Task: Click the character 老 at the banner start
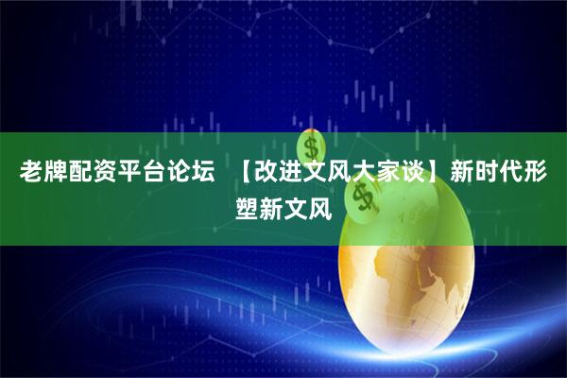tap(31, 173)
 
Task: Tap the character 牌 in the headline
tap(55, 173)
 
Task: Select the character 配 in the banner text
tap(79, 173)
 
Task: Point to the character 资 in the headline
tap(104, 173)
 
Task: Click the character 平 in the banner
tap(129, 173)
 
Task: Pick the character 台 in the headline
tap(153, 173)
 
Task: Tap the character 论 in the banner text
tap(178, 173)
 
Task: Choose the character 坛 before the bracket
tap(202, 173)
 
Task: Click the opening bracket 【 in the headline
tap(243, 173)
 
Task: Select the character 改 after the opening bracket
tap(267, 173)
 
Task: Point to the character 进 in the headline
tap(292, 173)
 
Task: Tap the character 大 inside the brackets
tap(366, 173)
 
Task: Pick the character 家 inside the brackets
tap(390, 173)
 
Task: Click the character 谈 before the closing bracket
tap(415, 173)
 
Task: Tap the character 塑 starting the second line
tap(247, 206)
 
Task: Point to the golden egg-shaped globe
tap(406, 283)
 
